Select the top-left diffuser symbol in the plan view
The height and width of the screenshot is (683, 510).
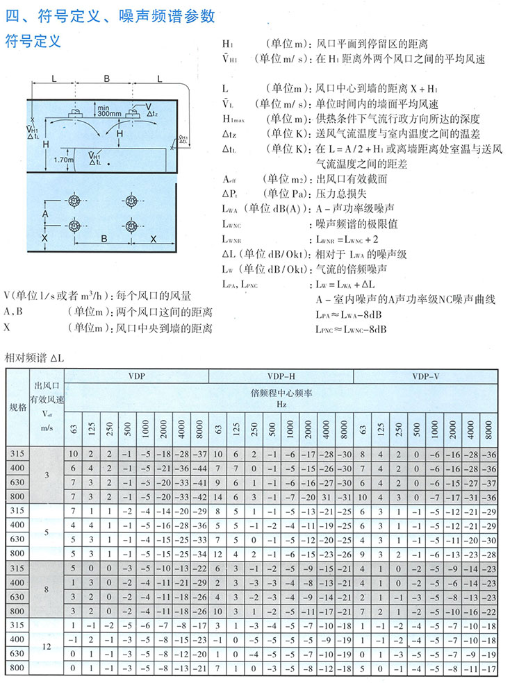click(75, 201)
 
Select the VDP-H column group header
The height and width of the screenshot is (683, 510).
click(281, 376)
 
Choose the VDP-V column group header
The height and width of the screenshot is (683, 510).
click(425, 376)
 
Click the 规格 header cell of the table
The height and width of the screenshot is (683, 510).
click(17, 407)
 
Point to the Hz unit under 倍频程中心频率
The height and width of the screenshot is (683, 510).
click(281, 403)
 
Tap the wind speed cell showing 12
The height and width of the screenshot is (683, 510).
click(47, 646)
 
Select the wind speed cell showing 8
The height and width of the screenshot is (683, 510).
click(47, 589)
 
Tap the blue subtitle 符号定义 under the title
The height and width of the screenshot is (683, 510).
click(33, 41)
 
